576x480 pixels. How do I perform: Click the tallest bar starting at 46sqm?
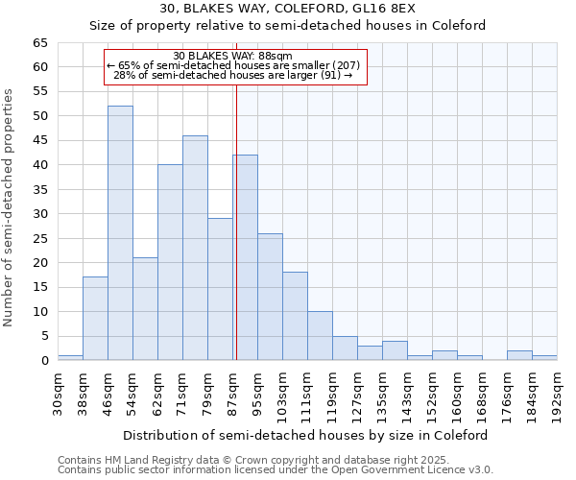pyautogui.click(x=120, y=233)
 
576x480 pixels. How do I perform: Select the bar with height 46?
pyautogui.click(x=195, y=248)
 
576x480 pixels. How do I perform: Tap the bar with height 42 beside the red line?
pyautogui.click(x=245, y=257)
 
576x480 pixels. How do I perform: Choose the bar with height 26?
pyautogui.click(x=270, y=297)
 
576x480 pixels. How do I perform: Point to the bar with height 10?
pyautogui.click(x=320, y=336)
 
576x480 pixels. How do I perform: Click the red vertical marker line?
pyautogui.click(x=235, y=221)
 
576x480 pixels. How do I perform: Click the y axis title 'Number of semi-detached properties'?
pyautogui.click(x=10, y=207)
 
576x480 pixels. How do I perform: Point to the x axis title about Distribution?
pyautogui.click(x=319, y=435)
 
